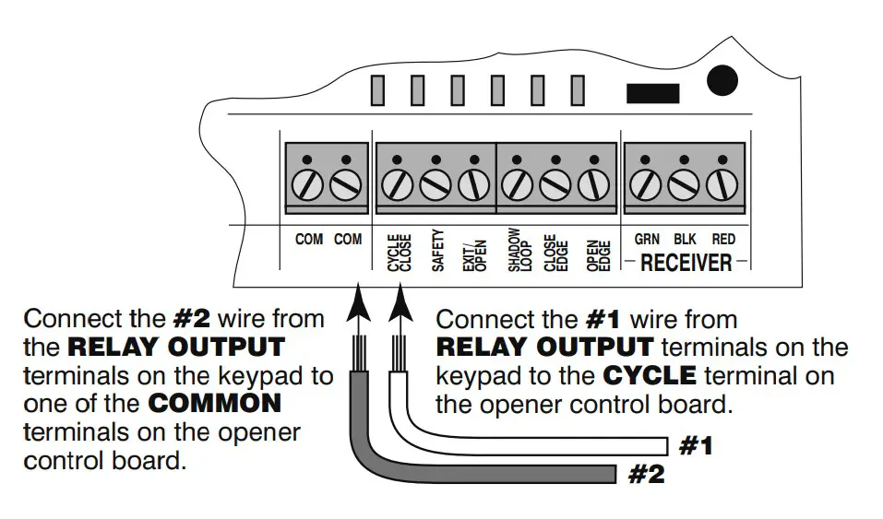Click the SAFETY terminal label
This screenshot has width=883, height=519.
[x=438, y=251]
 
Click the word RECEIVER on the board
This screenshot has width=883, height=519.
[x=686, y=263]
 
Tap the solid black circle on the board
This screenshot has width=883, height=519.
[x=722, y=80]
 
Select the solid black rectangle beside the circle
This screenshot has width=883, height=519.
[x=652, y=92]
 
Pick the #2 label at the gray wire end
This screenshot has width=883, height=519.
[x=646, y=476]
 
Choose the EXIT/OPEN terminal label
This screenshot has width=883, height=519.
[x=474, y=251]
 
